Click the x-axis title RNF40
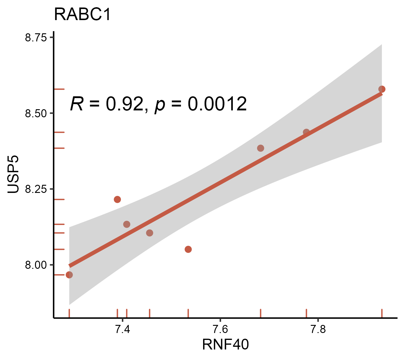(x=225, y=344)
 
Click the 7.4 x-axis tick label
(x=122, y=329)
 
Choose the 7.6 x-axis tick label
(x=220, y=329)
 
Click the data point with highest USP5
(x=382, y=89)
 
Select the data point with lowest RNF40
(x=69, y=275)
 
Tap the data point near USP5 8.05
(x=188, y=249)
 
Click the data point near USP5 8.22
(x=117, y=199)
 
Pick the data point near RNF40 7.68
(x=260, y=148)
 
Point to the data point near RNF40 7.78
(x=306, y=132)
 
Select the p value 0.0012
(x=217, y=104)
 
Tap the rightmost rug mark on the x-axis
(x=382, y=313)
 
